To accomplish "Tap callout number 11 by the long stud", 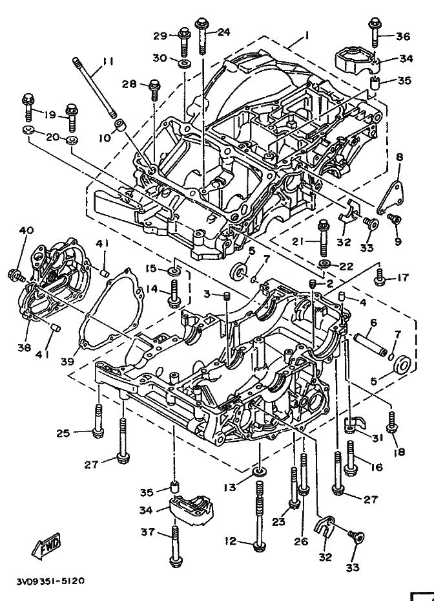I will pos(107,61).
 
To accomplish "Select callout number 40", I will pos(26,230).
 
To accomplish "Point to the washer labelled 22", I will pos(325,265).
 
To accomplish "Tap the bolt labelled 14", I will pos(173,293).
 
